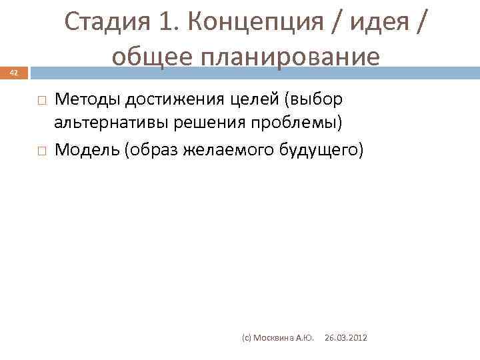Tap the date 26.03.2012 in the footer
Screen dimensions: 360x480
tap(345, 339)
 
